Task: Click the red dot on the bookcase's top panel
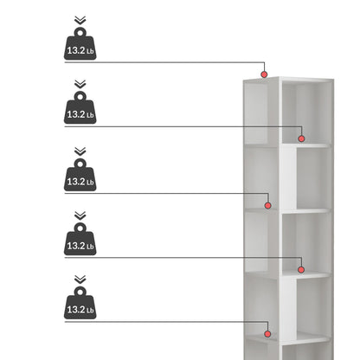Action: coord(264,74)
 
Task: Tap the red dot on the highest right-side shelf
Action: coord(301,138)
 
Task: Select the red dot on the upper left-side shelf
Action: coord(267,205)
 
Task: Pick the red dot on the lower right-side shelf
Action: coord(301,270)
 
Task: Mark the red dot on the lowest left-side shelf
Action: coord(267,334)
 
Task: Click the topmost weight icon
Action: coord(80,43)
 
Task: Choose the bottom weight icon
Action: coord(80,303)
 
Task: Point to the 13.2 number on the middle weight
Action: coord(76,182)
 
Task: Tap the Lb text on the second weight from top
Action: coord(90,115)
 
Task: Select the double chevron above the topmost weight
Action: coord(80,20)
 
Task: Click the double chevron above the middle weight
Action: coord(80,151)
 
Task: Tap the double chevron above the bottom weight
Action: coord(80,280)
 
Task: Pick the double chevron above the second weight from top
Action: coord(80,84)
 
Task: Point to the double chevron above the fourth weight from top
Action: coord(80,215)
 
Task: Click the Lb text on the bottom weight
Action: coord(90,311)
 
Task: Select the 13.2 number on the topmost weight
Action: coord(76,50)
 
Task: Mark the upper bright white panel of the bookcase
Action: coord(287,177)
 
